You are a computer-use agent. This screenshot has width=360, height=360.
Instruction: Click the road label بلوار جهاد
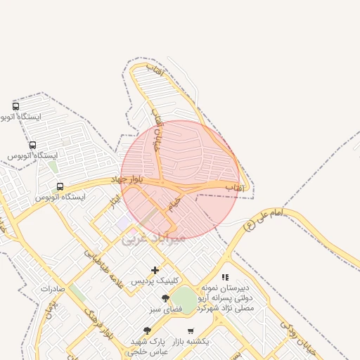(127, 179)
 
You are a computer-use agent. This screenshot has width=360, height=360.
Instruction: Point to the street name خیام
(173, 205)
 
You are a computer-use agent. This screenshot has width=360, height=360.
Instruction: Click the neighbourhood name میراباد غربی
(153, 238)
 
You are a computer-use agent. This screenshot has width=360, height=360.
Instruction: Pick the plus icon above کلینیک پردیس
(155, 270)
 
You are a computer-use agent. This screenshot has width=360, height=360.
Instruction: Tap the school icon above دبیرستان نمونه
(225, 278)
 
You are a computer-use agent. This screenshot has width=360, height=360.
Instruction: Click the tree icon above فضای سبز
(165, 299)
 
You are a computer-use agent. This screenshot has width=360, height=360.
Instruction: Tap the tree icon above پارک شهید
(147, 330)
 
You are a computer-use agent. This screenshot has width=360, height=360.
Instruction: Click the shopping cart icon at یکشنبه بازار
(190, 330)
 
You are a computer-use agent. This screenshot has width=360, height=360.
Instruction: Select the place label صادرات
(53, 289)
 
